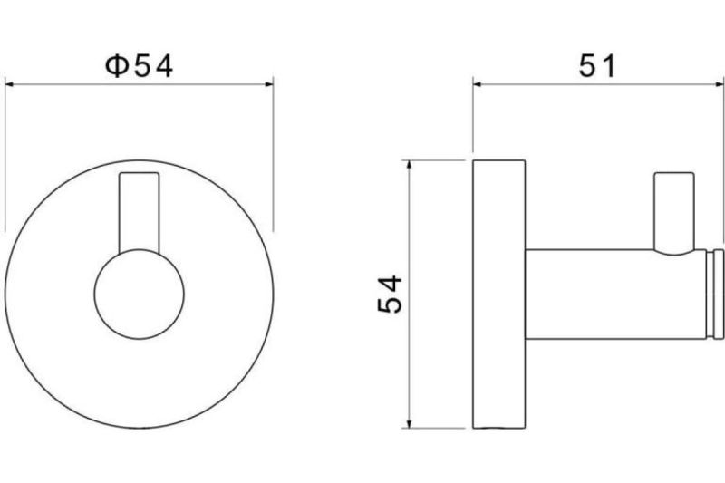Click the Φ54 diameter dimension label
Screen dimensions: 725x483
(x=139, y=66)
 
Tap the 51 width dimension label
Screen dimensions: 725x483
(x=597, y=66)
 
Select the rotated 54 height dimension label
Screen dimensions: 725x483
(x=390, y=294)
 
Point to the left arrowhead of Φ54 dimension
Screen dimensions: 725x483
(x=10, y=84)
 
